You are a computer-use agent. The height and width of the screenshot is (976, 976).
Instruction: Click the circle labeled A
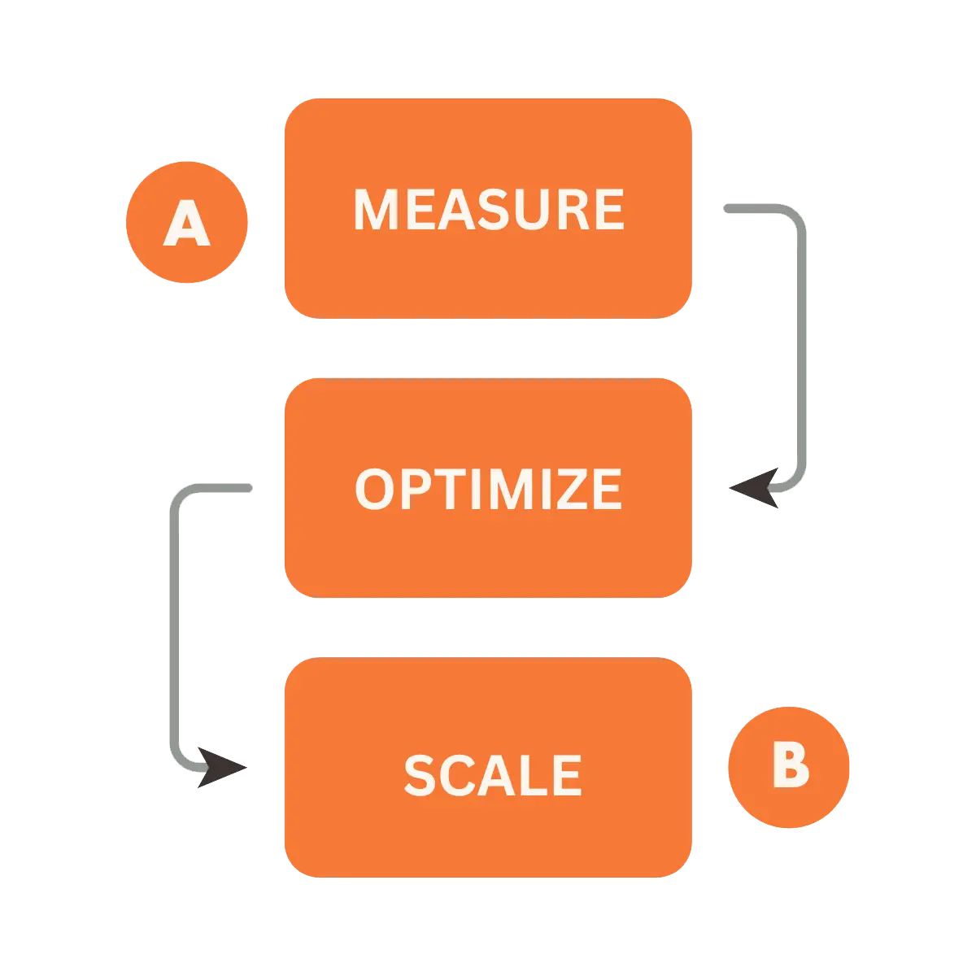pyautogui.click(x=187, y=221)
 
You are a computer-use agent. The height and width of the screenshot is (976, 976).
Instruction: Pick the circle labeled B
pyautogui.click(x=789, y=766)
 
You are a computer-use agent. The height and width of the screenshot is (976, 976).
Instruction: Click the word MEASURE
pyautogui.click(x=489, y=210)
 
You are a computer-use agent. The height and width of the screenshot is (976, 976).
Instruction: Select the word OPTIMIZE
pyautogui.click(x=489, y=489)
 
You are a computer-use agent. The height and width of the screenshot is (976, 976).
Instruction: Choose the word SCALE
pyautogui.click(x=492, y=774)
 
